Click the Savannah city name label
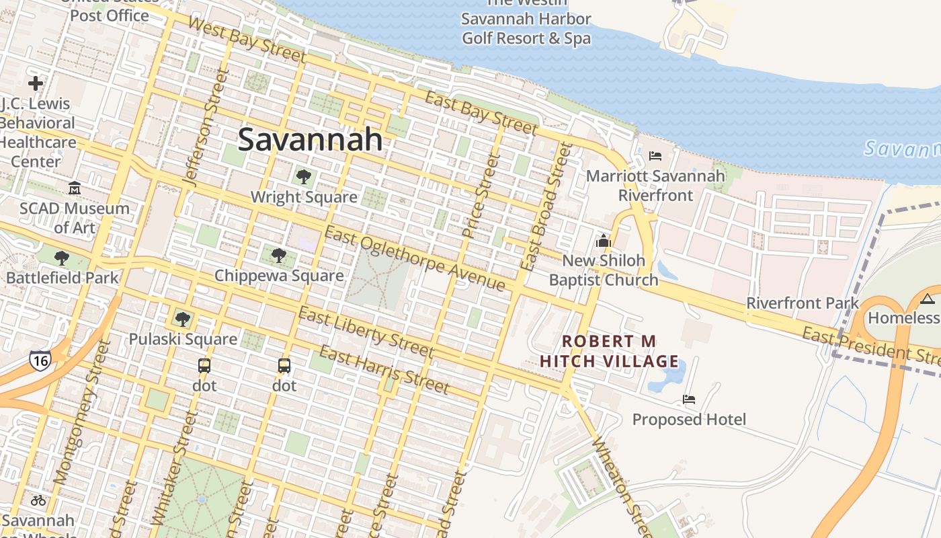coord(311,139)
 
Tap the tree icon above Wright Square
coord(304,177)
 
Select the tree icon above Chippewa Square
coord(279,255)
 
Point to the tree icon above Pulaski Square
coord(182,319)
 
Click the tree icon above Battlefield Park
coord(62,258)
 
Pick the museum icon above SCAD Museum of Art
coord(74,188)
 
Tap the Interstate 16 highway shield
coord(40,360)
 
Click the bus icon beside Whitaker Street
coord(204,366)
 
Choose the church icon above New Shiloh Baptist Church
coord(603,240)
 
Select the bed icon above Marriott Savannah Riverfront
coord(655,156)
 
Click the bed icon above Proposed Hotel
coord(689,399)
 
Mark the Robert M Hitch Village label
coord(610,351)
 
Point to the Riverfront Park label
coord(803,303)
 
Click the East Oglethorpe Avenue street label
coord(414,259)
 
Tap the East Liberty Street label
coord(366,332)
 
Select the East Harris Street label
coord(384,369)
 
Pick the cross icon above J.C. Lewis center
coord(36,83)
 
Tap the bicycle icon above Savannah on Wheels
coord(38,500)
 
